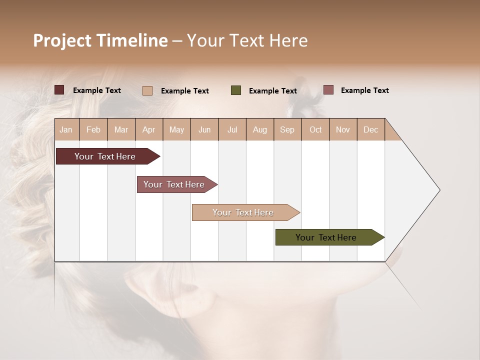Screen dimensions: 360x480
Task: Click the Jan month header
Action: tap(66, 129)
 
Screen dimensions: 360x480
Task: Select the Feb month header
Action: tap(93, 129)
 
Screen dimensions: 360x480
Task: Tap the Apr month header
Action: tap(148, 129)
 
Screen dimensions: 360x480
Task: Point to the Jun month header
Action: tap(204, 129)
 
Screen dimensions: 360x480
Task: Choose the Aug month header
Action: tap(259, 129)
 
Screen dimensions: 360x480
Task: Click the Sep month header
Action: tap(287, 129)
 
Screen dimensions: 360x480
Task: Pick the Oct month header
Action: tap(315, 129)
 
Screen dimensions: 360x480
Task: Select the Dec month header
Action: tap(370, 129)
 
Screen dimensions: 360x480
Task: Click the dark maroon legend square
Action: tap(59, 90)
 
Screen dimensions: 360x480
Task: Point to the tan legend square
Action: tap(147, 90)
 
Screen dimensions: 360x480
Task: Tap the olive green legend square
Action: tap(236, 90)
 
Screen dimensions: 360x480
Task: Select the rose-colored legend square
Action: tap(328, 90)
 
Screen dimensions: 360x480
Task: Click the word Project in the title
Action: tap(62, 40)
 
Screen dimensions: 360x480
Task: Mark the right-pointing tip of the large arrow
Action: tap(438, 190)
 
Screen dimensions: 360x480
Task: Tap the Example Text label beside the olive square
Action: tap(272, 91)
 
